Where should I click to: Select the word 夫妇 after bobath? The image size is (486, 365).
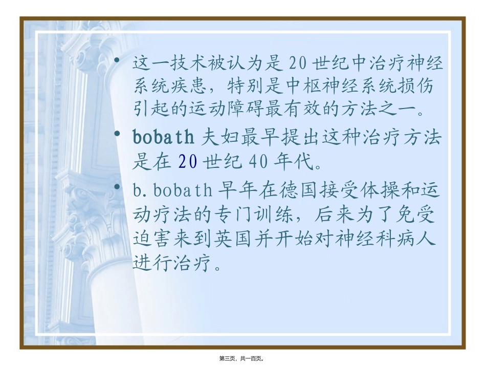pos(217,138)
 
